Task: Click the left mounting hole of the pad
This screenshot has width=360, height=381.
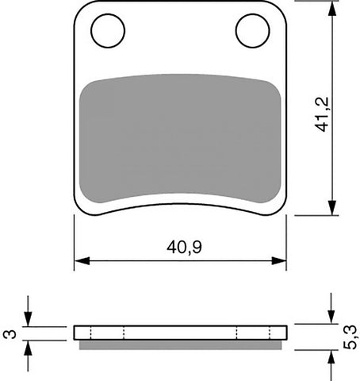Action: tap(109, 31)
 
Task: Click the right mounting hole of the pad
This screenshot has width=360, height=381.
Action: tap(251, 31)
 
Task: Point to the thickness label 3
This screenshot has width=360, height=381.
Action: tap(9, 333)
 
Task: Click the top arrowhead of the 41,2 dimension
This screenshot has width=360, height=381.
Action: tap(329, 7)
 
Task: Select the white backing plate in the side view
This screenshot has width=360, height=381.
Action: tap(180, 332)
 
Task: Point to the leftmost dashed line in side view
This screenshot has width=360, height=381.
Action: tap(92, 332)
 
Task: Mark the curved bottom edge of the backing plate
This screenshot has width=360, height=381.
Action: tap(180, 200)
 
